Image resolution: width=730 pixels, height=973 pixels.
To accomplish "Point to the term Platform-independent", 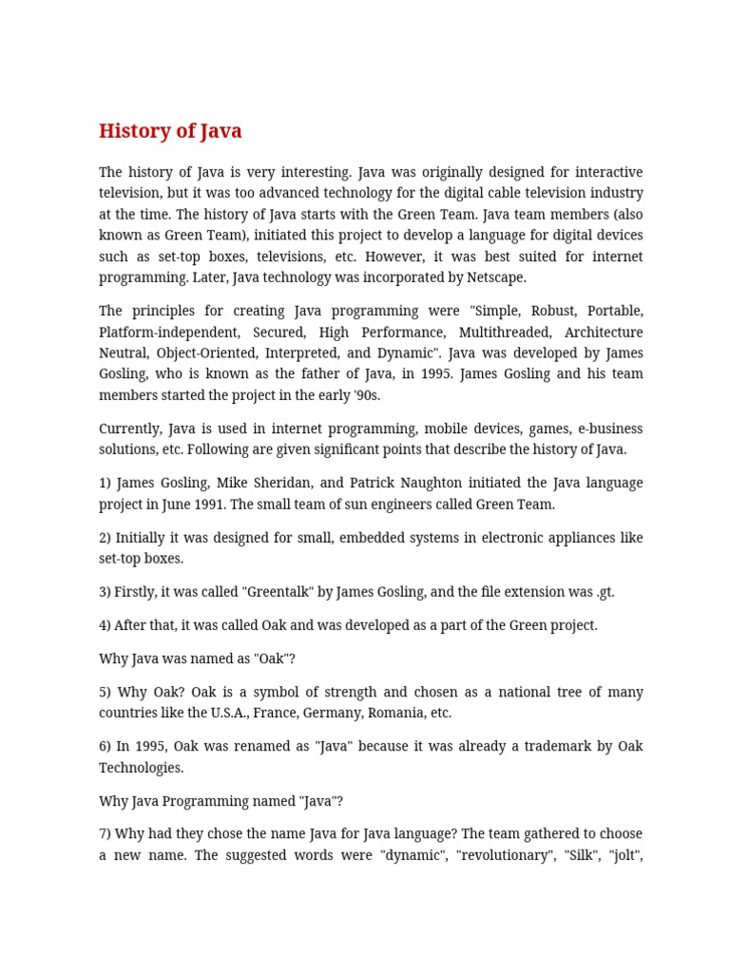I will [x=166, y=332].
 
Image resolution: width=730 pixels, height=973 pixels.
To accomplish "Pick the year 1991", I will [x=226, y=505].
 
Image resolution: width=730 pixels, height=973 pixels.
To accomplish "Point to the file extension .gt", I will [x=605, y=592].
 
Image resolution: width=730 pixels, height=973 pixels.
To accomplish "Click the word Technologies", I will [x=141, y=768].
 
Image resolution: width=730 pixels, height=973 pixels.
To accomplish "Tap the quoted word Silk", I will [x=576, y=855].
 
